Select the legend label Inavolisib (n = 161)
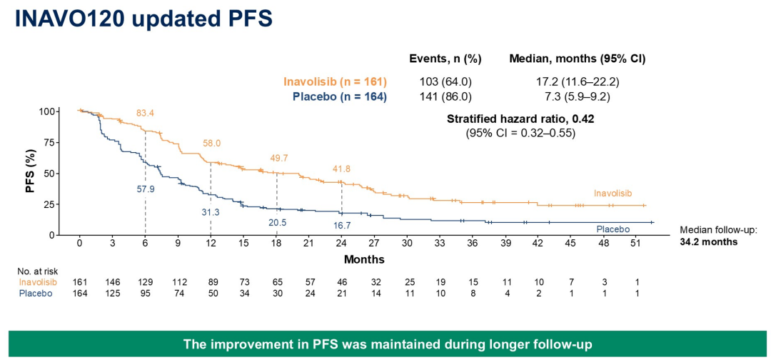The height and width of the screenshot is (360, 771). tap(336, 81)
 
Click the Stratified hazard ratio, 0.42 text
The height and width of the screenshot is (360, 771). tap(520, 119)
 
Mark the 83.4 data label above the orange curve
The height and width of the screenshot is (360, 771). tap(146, 114)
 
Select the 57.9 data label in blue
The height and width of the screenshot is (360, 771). tap(146, 191)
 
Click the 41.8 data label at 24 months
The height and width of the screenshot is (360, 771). tap(342, 169)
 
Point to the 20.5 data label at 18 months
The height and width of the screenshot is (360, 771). tap(276, 222)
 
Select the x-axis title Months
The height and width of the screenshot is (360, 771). tap(364, 259)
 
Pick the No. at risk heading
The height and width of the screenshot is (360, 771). tap(38, 271)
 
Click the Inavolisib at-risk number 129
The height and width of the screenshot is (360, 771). tap(146, 283)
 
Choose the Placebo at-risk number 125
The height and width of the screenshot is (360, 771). tap(113, 294)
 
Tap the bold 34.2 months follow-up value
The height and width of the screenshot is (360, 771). tap(709, 242)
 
